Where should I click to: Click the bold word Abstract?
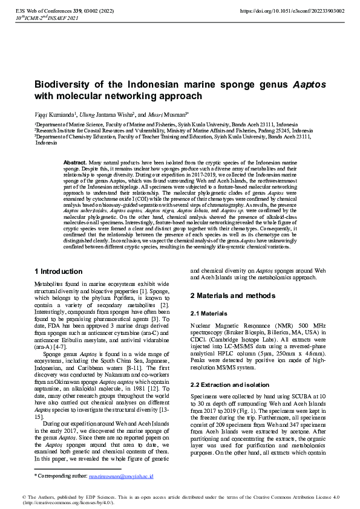[75, 163]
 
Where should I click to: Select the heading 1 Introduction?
[59, 271]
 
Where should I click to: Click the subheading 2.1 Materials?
[210, 314]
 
